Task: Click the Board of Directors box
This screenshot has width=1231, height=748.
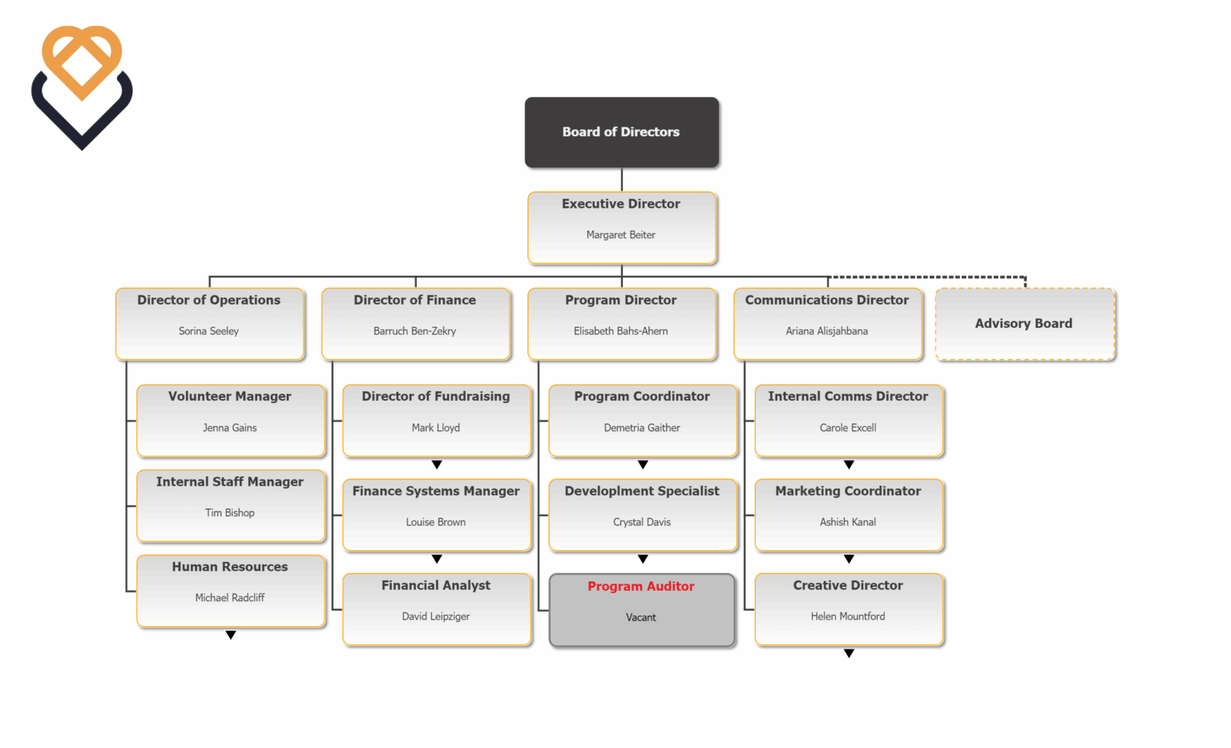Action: coord(621,132)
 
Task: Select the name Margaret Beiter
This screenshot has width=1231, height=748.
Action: coord(620,235)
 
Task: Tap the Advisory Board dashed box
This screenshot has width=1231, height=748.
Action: coord(1024,324)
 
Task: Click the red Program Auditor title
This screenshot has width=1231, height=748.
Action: coord(640,586)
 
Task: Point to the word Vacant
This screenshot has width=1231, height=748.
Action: coord(640,617)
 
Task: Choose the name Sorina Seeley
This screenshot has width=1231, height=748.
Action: coord(208,331)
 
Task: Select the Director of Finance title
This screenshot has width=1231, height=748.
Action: coord(414,300)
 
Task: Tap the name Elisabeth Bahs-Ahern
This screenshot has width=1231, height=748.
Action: coord(620,331)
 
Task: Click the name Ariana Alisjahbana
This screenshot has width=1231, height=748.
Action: coord(826,331)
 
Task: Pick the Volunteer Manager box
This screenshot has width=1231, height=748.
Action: coord(230,420)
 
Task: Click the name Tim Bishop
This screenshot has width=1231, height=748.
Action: coord(229,513)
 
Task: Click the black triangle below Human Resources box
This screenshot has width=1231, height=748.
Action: coord(231,635)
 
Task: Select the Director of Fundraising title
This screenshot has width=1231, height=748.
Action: coord(435,396)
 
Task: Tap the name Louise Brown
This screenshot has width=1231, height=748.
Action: coord(435,522)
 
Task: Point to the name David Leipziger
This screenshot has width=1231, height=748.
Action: coord(435,617)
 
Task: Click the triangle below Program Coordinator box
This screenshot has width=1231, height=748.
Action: coord(643,465)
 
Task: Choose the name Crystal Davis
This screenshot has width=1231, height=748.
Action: coord(641,522)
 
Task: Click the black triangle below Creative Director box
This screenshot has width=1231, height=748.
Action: coord(849,653)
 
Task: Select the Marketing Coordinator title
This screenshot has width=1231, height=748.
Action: coord(848,491)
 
